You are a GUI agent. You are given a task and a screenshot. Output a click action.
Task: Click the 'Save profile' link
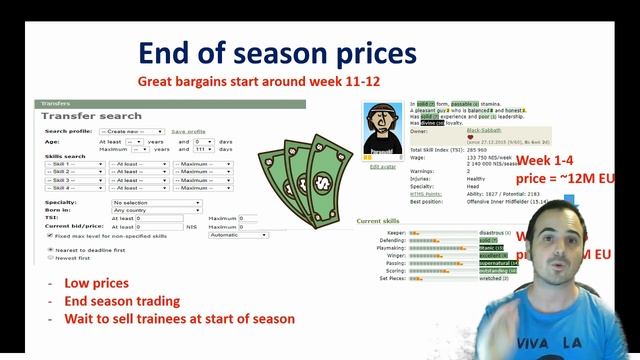[x=188, y=131]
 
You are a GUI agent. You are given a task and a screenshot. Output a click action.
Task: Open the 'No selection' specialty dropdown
[x=155, y=202]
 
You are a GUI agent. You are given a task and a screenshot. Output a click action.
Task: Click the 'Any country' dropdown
[x=155, y=210]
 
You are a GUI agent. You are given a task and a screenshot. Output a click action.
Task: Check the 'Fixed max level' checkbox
[x=50, y=235]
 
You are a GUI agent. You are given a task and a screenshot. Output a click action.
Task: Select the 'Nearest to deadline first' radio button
[x=50, y=248]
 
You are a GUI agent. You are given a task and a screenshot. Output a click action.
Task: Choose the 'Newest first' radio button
[x=50, y=257]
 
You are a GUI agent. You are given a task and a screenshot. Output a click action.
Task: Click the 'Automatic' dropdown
[x=237, y=235]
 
